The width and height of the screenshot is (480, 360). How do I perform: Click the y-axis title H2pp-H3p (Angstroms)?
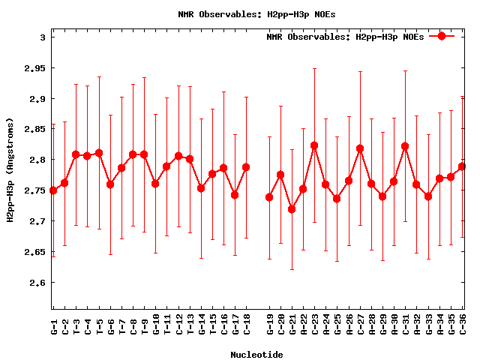tap(10, 170)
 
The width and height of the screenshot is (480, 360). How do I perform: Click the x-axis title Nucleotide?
tap(256, 355)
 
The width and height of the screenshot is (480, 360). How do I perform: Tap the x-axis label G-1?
tap(54, 324)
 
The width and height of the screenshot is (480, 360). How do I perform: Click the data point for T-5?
tap(99, 153)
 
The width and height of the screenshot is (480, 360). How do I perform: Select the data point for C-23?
tap(314, 145)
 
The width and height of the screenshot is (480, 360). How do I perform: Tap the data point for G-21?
tap(292, 209)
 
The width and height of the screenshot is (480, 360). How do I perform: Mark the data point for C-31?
tap(406, 146)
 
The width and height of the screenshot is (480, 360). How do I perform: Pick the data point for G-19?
tap(269, 197)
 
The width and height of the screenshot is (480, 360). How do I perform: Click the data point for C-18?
tap(246, 167)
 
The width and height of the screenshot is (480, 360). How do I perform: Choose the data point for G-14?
tap(201, 188)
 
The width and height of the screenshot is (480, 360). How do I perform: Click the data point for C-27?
tap(360, 148)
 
